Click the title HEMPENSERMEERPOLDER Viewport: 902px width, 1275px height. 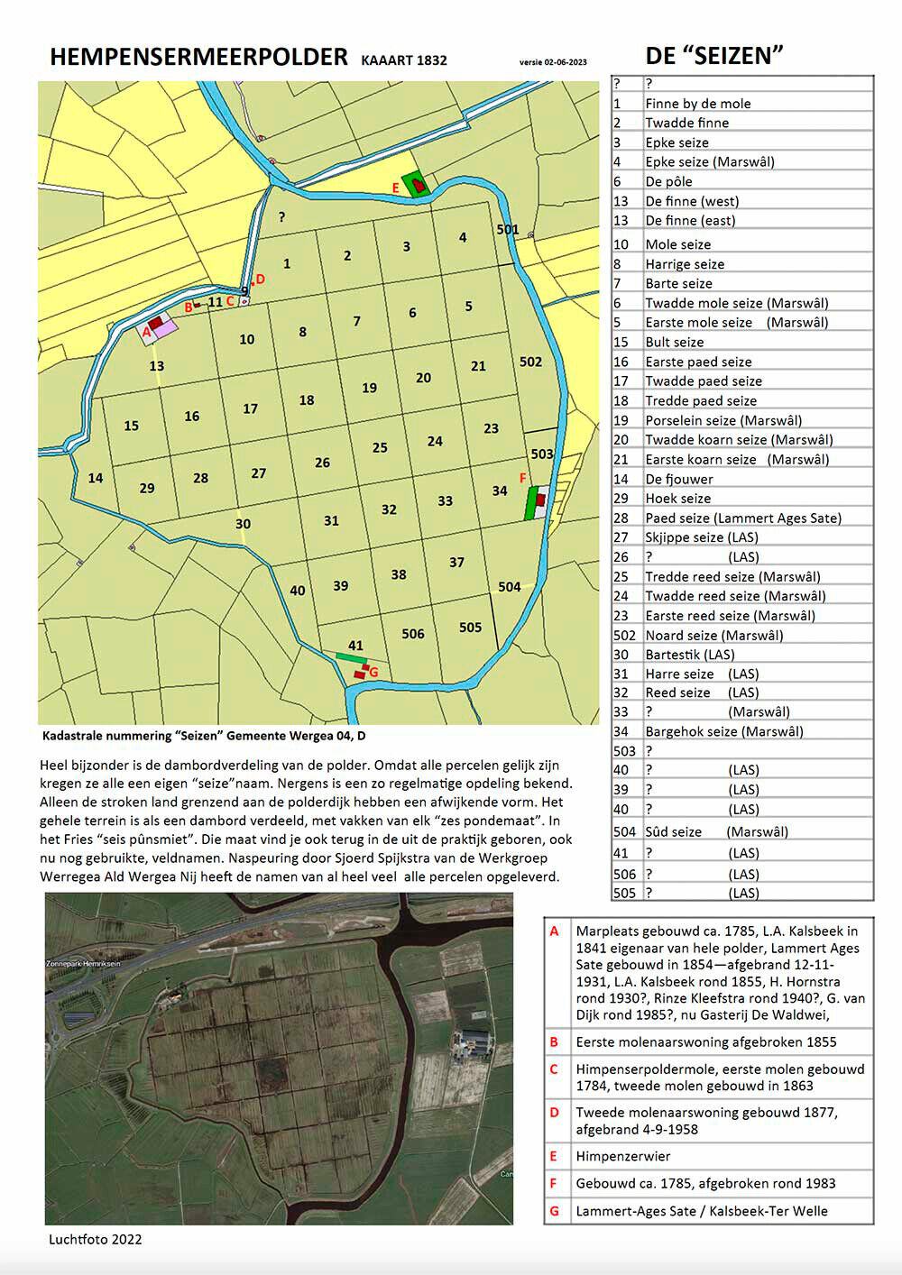click(x=198, y=57)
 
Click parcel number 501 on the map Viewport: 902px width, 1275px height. click(x=508, y=229)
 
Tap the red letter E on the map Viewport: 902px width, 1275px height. click(x=395, y=188)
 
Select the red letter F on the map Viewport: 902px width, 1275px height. click(x=523, y=478)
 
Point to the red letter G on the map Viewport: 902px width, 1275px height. click(x=373, y=673)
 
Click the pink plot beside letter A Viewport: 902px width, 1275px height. click(x=164, y=329)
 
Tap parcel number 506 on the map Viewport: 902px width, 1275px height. click(x=413, y=634)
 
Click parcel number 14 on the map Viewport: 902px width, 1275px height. click(x=96, y=478)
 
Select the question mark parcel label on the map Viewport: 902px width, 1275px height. click(x=282, y=216)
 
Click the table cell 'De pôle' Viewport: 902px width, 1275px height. click(x=668, y=181)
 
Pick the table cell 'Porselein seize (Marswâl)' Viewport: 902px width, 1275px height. click(x=723, y=420)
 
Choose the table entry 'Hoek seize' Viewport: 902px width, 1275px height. click(x=677, y=499)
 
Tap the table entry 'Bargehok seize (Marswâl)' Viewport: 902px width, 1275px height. click(x=723, y=731)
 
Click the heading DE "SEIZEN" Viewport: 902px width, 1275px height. click(x=713, y=56)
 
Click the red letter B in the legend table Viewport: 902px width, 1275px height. click(x=554, y=1041)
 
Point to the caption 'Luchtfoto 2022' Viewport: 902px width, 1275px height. click(x=95, y=1239)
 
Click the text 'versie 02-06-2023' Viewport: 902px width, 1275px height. click(x=553, y=62)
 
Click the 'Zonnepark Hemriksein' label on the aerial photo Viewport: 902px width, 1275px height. click(x=83, y=964)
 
